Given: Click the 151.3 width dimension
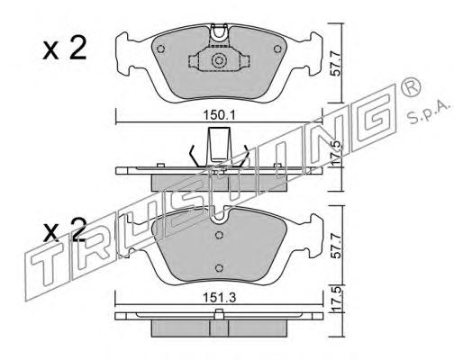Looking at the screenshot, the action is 220,298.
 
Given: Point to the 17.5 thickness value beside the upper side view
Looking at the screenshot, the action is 337,153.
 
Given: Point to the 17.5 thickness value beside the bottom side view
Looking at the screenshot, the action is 337,298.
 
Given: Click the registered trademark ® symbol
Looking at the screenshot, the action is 411,87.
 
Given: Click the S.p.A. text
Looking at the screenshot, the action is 430,112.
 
